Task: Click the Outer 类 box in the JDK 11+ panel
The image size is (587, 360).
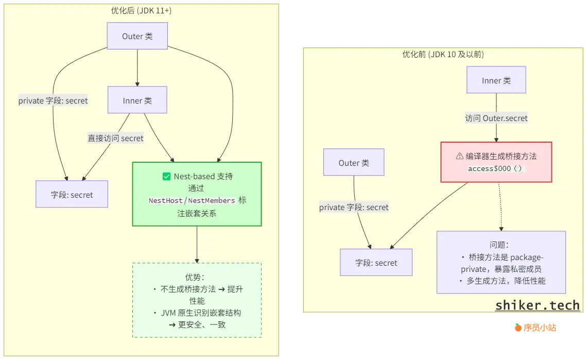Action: click(x=137, y=37)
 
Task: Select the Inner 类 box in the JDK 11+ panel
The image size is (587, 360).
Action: click(x=137, y=100)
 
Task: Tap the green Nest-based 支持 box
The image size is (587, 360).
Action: click(x=197, y=194)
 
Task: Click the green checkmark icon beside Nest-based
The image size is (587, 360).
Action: click(x=166, y=177)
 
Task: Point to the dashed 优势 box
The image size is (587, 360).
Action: click(x=197, y=300)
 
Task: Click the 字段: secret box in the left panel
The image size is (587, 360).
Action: click(x=72, y=195)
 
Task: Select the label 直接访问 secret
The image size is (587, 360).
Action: click(x=115, y=138)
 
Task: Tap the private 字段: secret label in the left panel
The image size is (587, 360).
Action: click(x=53, y=101)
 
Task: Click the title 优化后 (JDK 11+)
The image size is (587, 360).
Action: click(x=141, y=10)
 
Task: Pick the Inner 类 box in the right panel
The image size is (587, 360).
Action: click(x=496, y=80)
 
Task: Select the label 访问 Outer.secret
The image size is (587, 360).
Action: click(x=496, y=118)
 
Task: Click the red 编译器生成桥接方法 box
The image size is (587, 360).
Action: click(x=496, y=162)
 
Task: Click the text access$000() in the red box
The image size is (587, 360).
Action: click(x=496, y=169)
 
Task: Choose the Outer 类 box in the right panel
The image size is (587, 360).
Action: click(x=354, y=163)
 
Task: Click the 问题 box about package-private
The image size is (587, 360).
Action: click(x=501, y=263)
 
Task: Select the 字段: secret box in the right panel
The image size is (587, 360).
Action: click(x=376, y=263)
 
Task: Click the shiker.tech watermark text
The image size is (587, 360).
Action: click(x=537, y=305)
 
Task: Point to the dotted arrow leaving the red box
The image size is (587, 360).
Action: click(x=500, y=206)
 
